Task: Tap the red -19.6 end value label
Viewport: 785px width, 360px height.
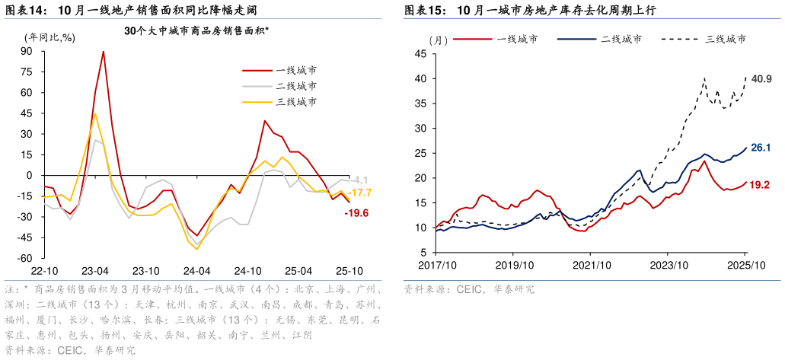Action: pyautogui.click(x=356, y=213)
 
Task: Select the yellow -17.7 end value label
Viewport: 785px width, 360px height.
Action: pyautogui.click(x=359, y=193)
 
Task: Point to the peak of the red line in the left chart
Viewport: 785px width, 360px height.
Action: pyautogui.click(x=104, y=52)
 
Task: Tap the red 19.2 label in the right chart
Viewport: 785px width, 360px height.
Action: pyautogui.click(x=761, y=184)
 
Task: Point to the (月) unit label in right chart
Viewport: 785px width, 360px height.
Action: pyautogui.click(x=438, y=39)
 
